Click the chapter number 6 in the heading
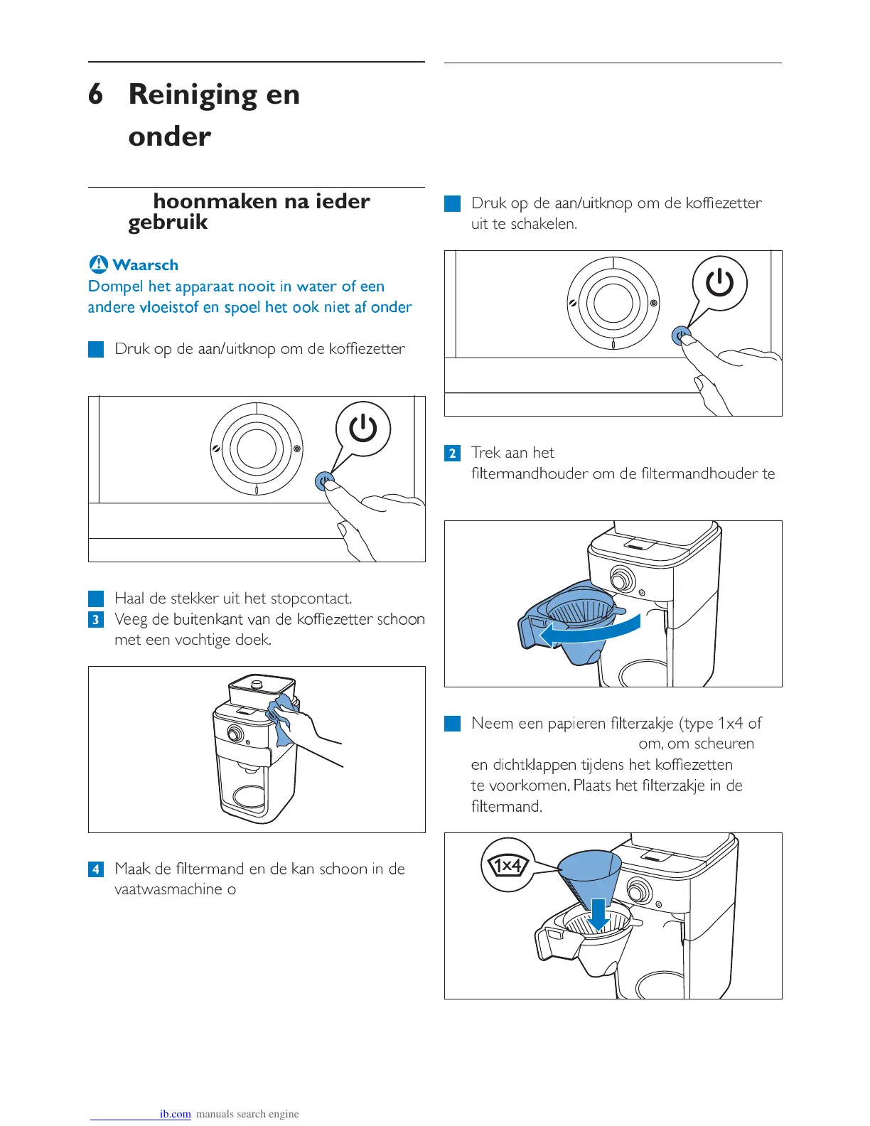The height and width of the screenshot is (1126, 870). pyautogui.click(x=95, y=95)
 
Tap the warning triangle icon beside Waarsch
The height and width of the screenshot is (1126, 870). pyautogui.click(x=99, y=264)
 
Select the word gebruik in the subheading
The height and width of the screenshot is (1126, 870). pyautogui.click(x=168, y=222)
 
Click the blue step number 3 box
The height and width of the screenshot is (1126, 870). pyautogui.click(x=96, y=619)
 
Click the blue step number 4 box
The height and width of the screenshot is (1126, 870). pyautogui.click(x=96, y=869)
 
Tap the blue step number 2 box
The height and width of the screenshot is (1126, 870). pyautogui.click(x=452, y=453)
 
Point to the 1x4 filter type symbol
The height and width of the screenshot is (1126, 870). pyautogui.click(x=507, y=865)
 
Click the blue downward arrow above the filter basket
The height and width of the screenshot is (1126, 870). pyautogui.click(x=598, y=913)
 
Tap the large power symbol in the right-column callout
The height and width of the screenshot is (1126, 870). pyautogui.click(x=719, y=283)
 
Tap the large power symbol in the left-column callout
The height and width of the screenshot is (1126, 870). pyautogui.click(x=363, y=429)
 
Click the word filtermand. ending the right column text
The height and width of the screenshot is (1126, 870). pyautogui.click(x=506, y=807)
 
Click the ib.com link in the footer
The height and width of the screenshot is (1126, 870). pyautogui.click(x=175, y=1114)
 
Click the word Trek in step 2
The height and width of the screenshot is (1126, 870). pyautogui.click(x=486, y=453)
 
